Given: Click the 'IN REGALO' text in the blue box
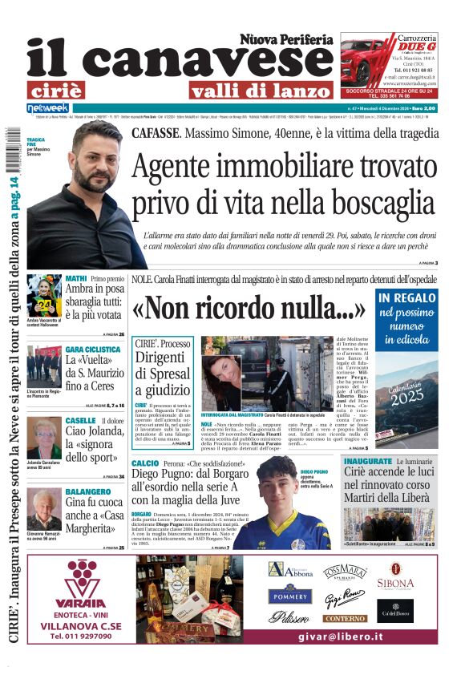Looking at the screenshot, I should (x=406, y=299).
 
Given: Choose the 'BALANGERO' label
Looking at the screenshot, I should (x=88, y=491).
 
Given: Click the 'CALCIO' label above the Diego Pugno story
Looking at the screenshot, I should (x=145, y=463).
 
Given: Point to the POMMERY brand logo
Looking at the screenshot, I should (x=289, y=596).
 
